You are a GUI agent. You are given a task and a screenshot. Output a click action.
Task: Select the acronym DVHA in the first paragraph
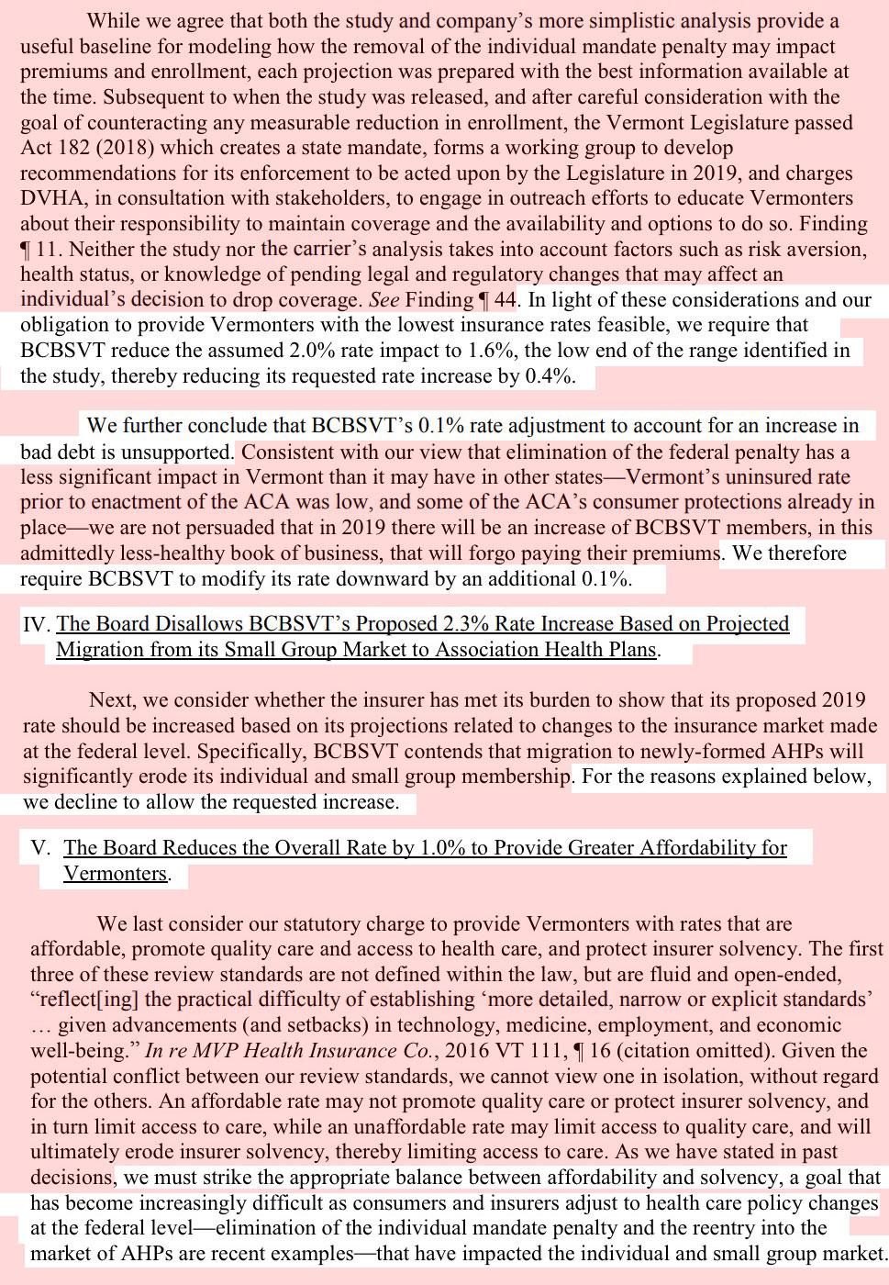[x=50, y=198]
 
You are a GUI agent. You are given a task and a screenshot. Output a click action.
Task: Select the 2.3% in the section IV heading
[x=468, y=624]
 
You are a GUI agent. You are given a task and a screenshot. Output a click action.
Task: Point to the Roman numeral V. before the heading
[x=41, y=848]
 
